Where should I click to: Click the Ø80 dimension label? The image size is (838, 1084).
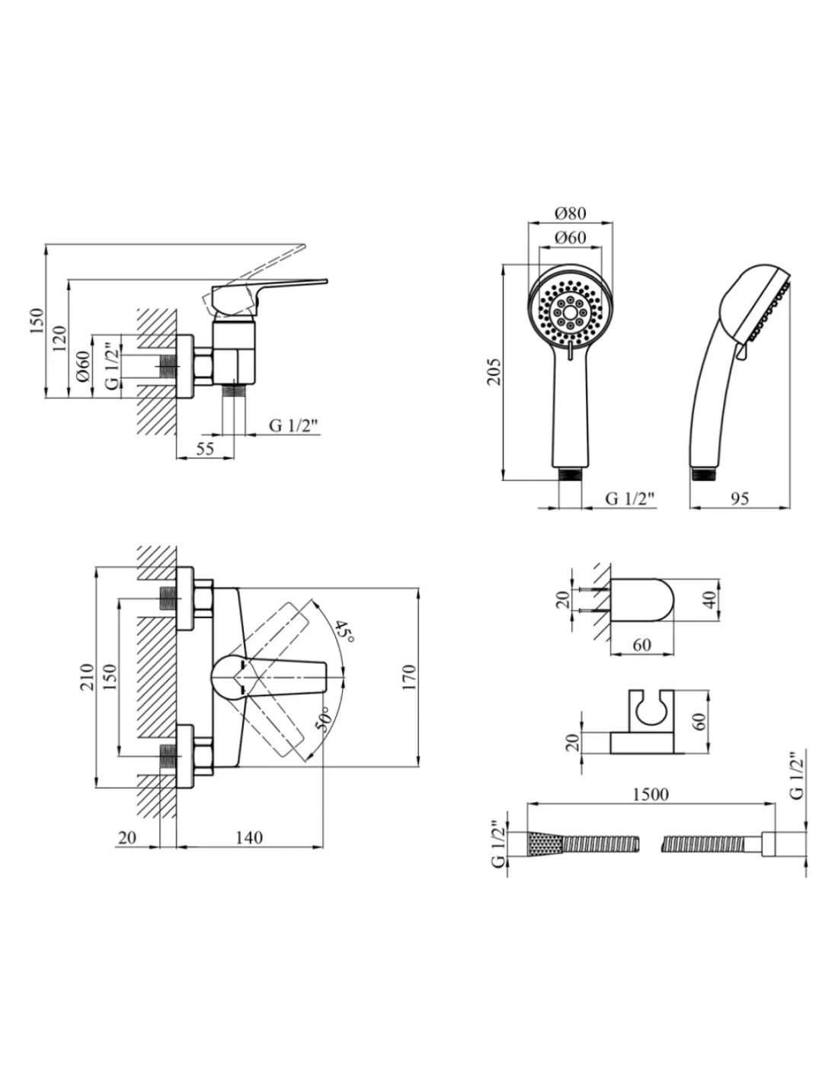[571, 213]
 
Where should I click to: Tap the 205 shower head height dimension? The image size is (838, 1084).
[494, 371]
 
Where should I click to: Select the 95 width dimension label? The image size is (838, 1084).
[740, 499]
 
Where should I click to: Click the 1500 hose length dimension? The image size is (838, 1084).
[651, 794]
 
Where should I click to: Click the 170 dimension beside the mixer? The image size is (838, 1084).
[409, 677]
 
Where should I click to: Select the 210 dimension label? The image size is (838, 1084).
[87, 677]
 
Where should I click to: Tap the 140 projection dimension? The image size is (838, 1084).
[249, 838]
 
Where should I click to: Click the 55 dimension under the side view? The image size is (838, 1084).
[205, 448]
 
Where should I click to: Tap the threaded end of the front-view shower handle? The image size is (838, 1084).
[570, 474]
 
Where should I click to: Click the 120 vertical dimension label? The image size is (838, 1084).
[59, 338]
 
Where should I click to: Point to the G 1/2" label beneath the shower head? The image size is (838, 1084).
[629, 499]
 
